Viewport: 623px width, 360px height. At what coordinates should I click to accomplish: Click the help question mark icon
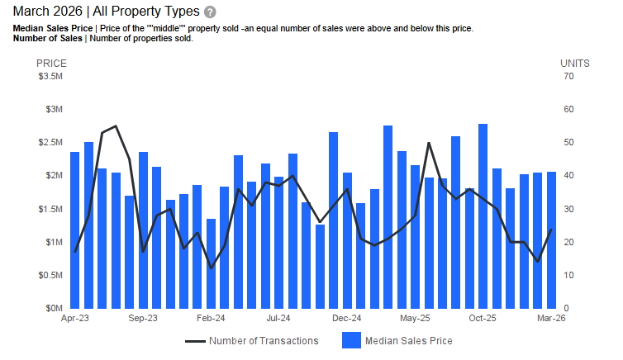tap(210, 12)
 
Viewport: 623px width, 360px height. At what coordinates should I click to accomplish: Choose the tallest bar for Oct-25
tap(483, 216)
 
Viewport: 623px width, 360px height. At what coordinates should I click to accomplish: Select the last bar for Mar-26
tap(551, 239)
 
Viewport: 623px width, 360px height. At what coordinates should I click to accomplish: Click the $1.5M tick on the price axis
tap(51, 209)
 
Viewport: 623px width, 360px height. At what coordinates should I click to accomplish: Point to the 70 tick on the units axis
tap(568, 77)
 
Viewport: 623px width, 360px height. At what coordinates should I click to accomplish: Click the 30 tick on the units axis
tap(568, 209)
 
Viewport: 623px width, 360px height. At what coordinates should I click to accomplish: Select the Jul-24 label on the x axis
tap(278, 318)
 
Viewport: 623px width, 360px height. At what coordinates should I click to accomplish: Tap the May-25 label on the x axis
tap(415, 318)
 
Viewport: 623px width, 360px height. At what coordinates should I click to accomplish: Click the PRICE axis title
tap(50, 63)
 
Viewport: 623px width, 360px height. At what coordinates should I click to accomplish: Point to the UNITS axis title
tap(574, 63)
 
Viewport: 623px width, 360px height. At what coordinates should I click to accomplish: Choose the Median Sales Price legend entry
tap(397, 340)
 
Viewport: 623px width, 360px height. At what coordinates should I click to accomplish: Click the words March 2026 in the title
tap(46, 12)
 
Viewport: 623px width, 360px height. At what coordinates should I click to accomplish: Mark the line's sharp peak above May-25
tap(429, 143)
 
